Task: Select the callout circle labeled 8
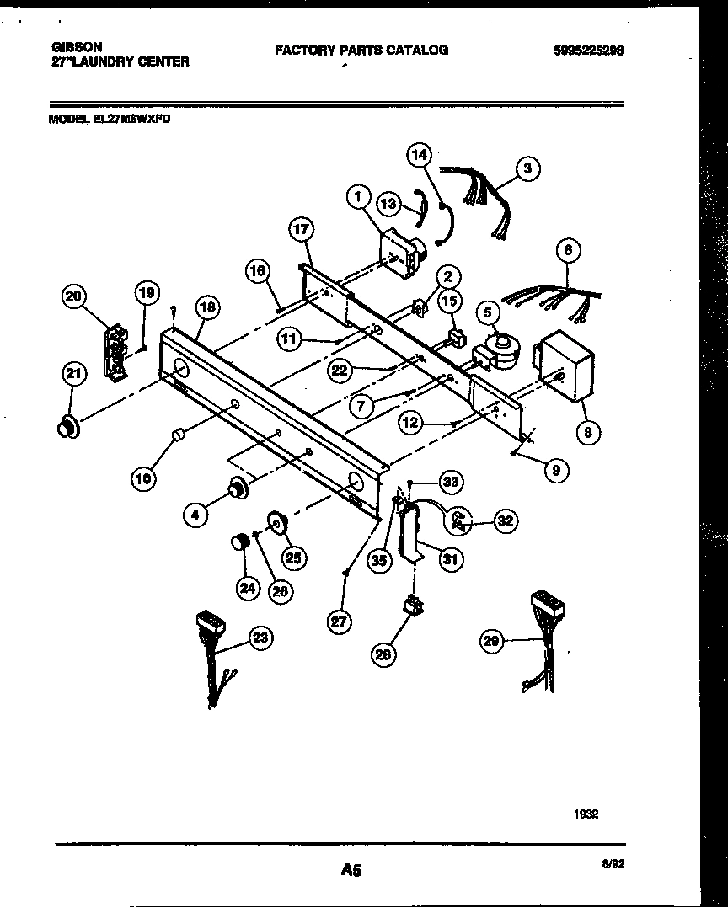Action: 587,433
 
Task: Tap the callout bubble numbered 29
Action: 491,642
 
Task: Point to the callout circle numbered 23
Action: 261,638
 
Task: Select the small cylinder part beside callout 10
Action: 178,435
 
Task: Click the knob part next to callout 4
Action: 238,486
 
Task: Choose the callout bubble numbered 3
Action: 527,169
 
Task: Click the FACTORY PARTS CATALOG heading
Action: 361,50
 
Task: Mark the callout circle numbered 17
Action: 301,229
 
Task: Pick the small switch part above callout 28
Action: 412,604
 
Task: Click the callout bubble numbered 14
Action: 420,154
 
